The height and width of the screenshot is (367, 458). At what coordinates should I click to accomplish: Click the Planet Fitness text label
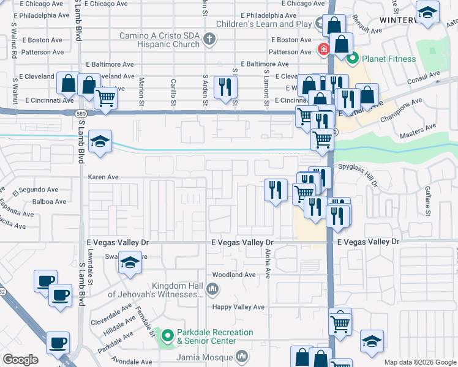coord(389,59)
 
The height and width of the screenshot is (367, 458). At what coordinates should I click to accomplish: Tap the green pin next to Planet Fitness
coord(352,59)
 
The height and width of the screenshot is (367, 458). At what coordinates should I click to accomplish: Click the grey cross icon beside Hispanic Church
coord(209,40)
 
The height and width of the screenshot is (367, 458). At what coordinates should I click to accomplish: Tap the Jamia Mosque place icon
coord(242,355)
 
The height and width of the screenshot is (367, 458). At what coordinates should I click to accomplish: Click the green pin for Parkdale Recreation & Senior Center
coord(167,335)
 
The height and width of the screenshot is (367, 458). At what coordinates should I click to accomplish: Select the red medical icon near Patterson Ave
coord(321,49)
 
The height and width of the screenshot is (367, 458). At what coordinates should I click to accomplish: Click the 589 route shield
coord(81,113)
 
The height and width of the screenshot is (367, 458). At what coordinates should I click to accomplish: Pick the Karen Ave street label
coord(103,177)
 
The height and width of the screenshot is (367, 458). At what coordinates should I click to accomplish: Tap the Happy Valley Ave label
coord(238,307)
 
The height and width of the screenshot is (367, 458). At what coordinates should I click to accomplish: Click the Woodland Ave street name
coord(233,275)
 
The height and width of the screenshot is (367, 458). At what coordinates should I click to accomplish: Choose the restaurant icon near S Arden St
coord(227,87)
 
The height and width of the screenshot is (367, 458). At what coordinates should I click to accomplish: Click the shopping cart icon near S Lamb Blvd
coord(106,97)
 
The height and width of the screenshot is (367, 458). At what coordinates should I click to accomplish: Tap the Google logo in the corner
coord(21,360)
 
